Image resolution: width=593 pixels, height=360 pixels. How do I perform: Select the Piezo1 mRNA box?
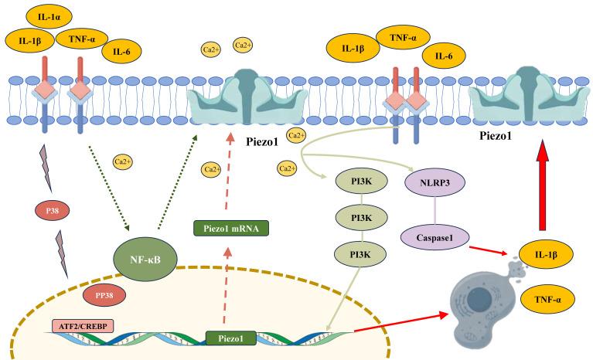(x=230, y=228)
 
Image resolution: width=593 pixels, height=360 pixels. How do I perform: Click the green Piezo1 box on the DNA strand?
(x=230, y=338)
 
